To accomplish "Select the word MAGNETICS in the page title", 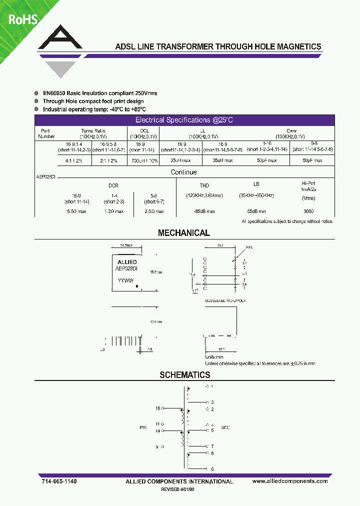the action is (x=297, y=46).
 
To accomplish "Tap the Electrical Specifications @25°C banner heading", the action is (x=184, y=120).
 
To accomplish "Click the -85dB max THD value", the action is (x=204, y=211).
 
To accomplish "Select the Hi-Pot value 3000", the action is (x=308, y=211).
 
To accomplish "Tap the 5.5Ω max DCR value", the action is (x=76, y=211).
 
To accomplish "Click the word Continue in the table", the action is (x=183, y=172).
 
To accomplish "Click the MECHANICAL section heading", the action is (x=184, y=233).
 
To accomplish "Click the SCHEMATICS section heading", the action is (x=184, y=375).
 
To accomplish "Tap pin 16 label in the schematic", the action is (x=157, y=408).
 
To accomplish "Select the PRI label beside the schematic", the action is (x=143, y=428).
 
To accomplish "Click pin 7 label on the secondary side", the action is (x=212, y=446).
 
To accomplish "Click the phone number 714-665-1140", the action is (x=59, y=481).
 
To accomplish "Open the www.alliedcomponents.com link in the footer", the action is (x=290, y=481).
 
